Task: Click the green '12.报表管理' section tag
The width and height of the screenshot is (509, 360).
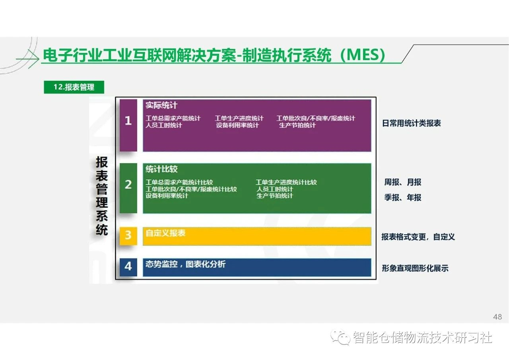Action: pos(74,87)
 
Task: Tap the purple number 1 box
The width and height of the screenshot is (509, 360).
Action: pos(128,125)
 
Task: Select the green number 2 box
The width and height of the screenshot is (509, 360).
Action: pos(128,188)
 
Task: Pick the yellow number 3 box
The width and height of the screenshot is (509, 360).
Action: pos(128,236)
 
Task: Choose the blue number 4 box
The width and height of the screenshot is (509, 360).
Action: pos(128,267)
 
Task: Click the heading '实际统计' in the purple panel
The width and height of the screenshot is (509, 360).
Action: pos(161,105)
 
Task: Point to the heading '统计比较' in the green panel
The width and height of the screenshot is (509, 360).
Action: pos(161,169)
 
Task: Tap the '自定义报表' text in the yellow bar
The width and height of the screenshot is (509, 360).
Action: pos(165,233)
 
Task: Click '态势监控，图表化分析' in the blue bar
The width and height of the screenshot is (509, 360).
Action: pos(185,264)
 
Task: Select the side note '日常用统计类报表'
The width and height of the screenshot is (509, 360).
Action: pos(412,123)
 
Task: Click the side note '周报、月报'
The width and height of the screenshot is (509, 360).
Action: pos(403,182)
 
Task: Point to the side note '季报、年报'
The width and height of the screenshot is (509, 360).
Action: pos(403,197)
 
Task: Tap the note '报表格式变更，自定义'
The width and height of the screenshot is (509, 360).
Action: pos(418,237)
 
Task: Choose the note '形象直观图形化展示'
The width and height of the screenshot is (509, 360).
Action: pos(415,268)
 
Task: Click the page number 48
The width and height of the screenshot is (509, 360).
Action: pos(497,317)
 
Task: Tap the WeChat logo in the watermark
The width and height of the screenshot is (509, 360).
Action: pos(340,337)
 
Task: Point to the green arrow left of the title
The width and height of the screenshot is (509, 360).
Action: pos(27,59)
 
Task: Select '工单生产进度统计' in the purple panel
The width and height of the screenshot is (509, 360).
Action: pos(239,118)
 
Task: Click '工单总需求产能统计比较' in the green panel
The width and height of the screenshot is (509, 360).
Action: pos(179,182)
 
